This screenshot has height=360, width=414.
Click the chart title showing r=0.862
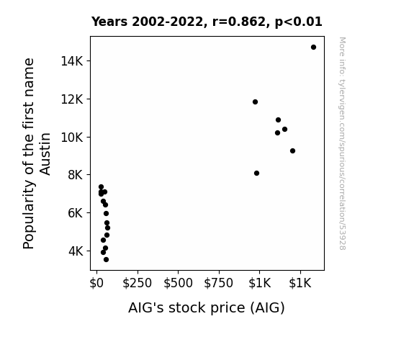click(207, 22)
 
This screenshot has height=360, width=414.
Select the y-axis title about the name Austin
click(37, 153)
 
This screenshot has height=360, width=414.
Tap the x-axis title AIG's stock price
click(207, 308)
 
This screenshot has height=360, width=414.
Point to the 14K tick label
click(72, 61)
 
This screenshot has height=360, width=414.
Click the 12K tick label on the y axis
click(72, 99)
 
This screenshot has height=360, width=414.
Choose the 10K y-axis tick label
click(72, 138)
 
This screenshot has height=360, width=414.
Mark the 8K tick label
click(76, 175)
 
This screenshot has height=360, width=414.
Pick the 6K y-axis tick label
click(76, 213)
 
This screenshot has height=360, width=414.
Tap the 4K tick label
click(76, 251)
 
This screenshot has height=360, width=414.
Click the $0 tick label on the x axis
click(96, 283)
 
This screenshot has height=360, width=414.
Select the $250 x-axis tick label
click(138, 283)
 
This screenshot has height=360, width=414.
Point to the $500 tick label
click(179, 283)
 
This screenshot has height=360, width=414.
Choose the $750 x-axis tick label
click(219, 283)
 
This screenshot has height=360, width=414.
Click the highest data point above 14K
click(313, 48)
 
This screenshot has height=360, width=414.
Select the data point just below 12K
click(255, 102)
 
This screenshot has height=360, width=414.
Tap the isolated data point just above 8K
click(256, 174)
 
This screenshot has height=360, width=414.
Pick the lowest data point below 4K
click(106, 260)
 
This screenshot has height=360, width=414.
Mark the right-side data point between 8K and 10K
click(292, 150)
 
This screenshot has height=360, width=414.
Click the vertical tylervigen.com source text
click(343, 143)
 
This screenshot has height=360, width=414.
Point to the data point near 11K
click(279, 120)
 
